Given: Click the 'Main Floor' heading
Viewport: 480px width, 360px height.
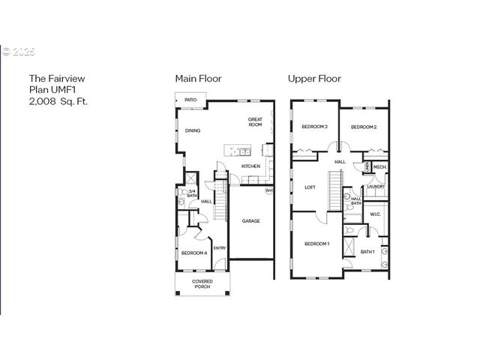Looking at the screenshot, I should (x=198, y=78).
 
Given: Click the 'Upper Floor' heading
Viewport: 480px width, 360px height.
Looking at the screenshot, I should (x=314, y=78).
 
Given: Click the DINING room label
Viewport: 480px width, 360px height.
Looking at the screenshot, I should (x=193, y=131).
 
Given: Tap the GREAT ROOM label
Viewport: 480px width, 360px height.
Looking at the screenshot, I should (x=255, y=122).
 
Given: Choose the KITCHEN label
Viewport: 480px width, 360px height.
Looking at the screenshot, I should (x=250, y=166).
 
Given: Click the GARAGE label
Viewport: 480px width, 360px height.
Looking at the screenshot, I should (x=250, y=221).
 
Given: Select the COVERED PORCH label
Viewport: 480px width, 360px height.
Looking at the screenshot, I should (x=202, y=283).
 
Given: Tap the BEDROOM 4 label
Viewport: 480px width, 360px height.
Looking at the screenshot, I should (x=194, y=253).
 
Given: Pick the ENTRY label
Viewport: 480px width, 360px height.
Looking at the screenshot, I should (x=220, y=248).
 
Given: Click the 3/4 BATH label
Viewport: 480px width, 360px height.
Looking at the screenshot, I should (x=192, y=193).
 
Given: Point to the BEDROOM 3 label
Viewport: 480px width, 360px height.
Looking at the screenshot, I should (x=314, y=127).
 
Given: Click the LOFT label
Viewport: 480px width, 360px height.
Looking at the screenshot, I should (x=309, y=188).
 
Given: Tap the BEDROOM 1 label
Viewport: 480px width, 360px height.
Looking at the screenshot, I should (x=317, y=244).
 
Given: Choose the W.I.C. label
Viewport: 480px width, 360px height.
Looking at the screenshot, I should (x=376, y=214).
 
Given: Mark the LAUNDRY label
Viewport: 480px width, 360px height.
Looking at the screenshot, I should (x=376, y=186).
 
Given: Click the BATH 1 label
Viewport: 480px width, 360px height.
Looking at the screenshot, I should (x=367, y=251).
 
